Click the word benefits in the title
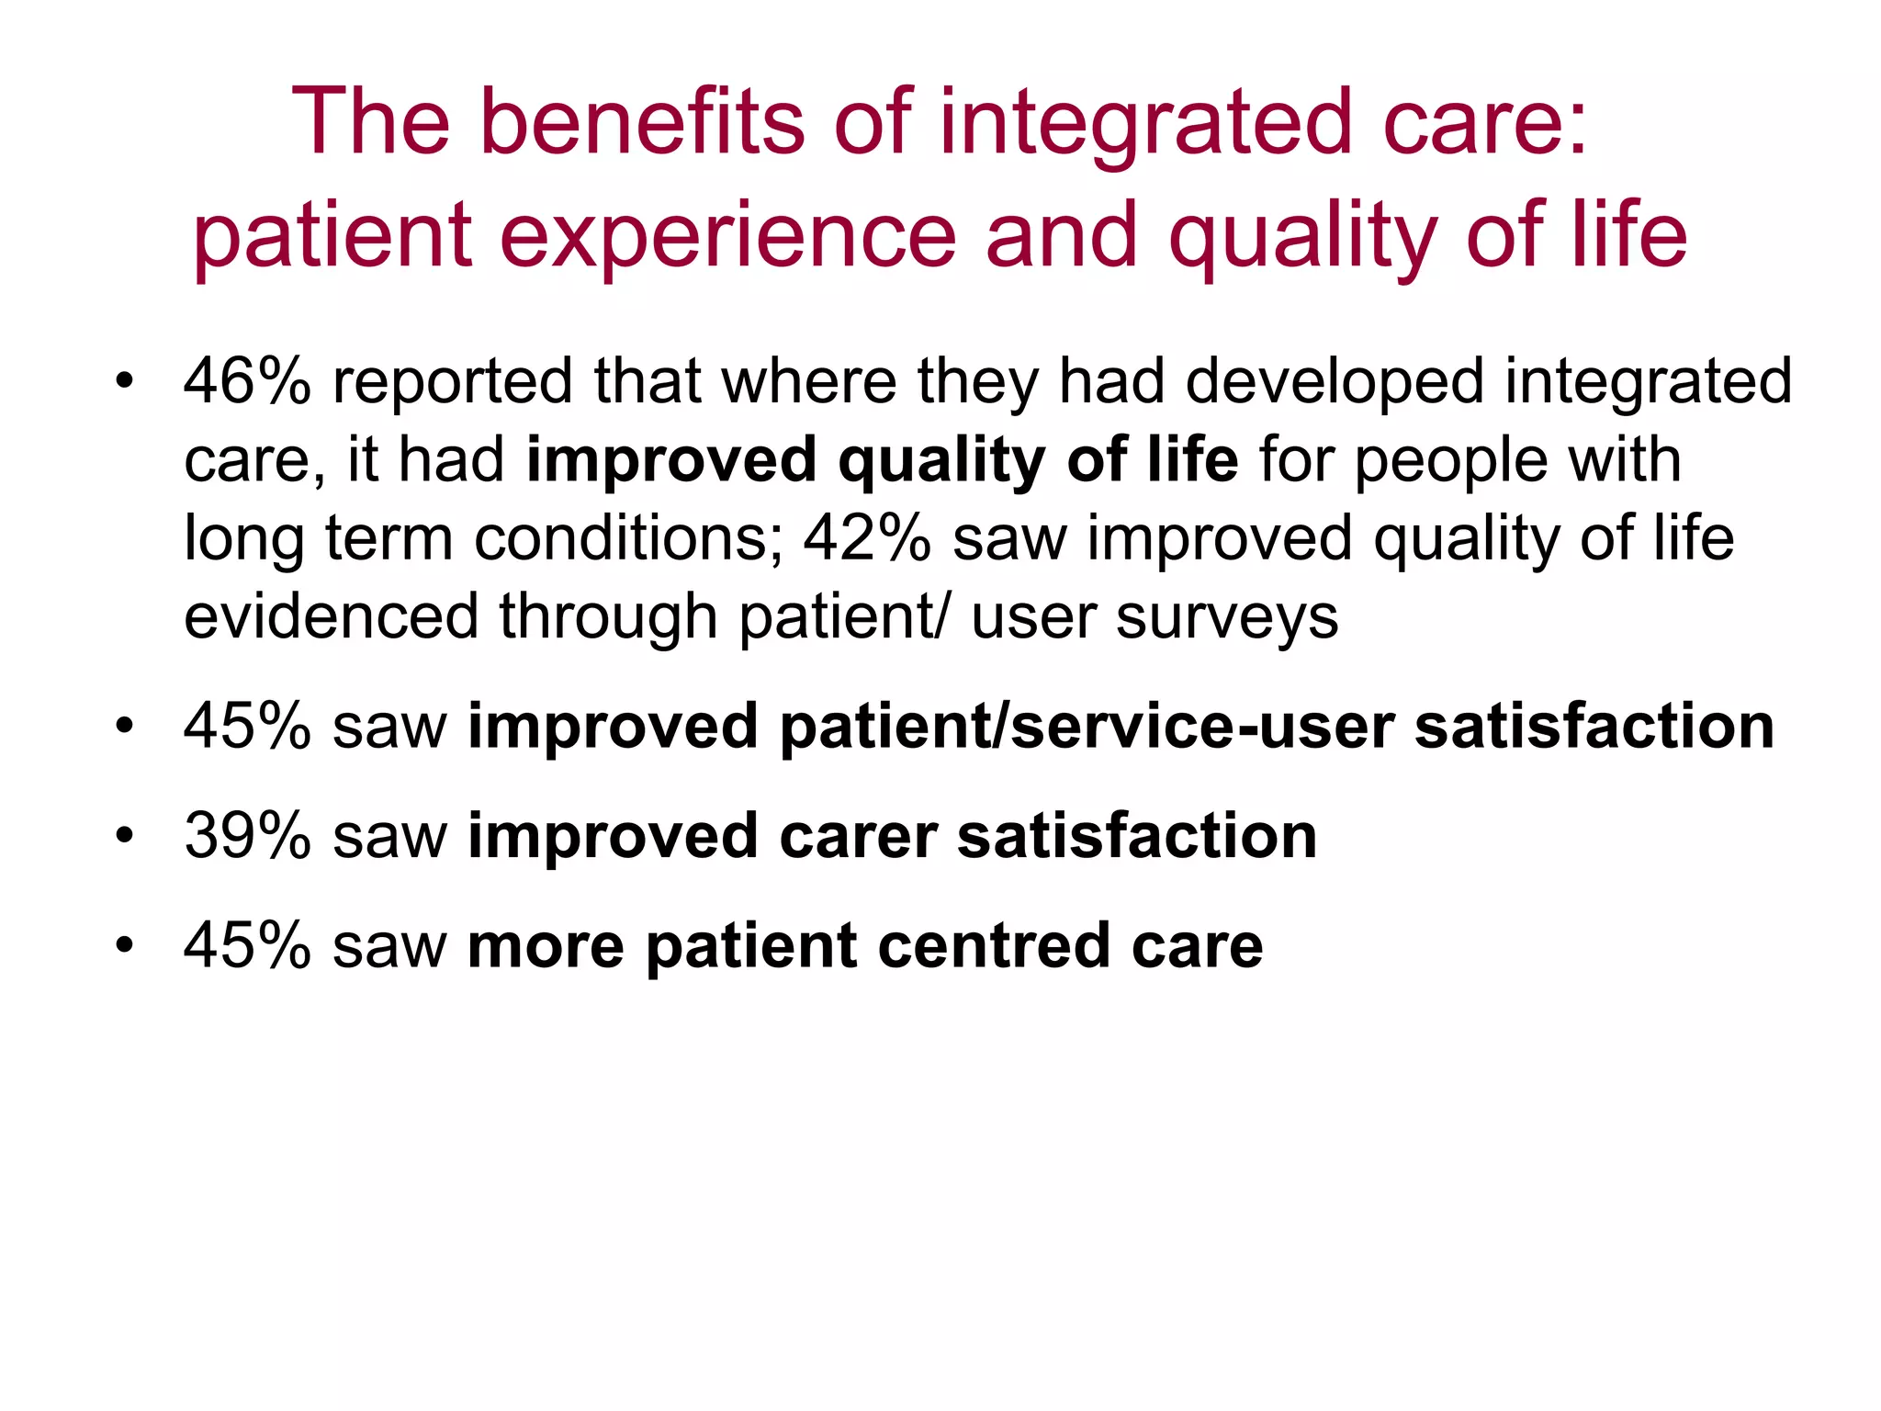(641, 122)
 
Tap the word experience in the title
(726, 236)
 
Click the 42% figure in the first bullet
(867, 537)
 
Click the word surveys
(1227, 617)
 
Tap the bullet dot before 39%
(125, 836)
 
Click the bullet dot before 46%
(125, 380)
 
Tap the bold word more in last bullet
(546, 946)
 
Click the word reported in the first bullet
(452, 382)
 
